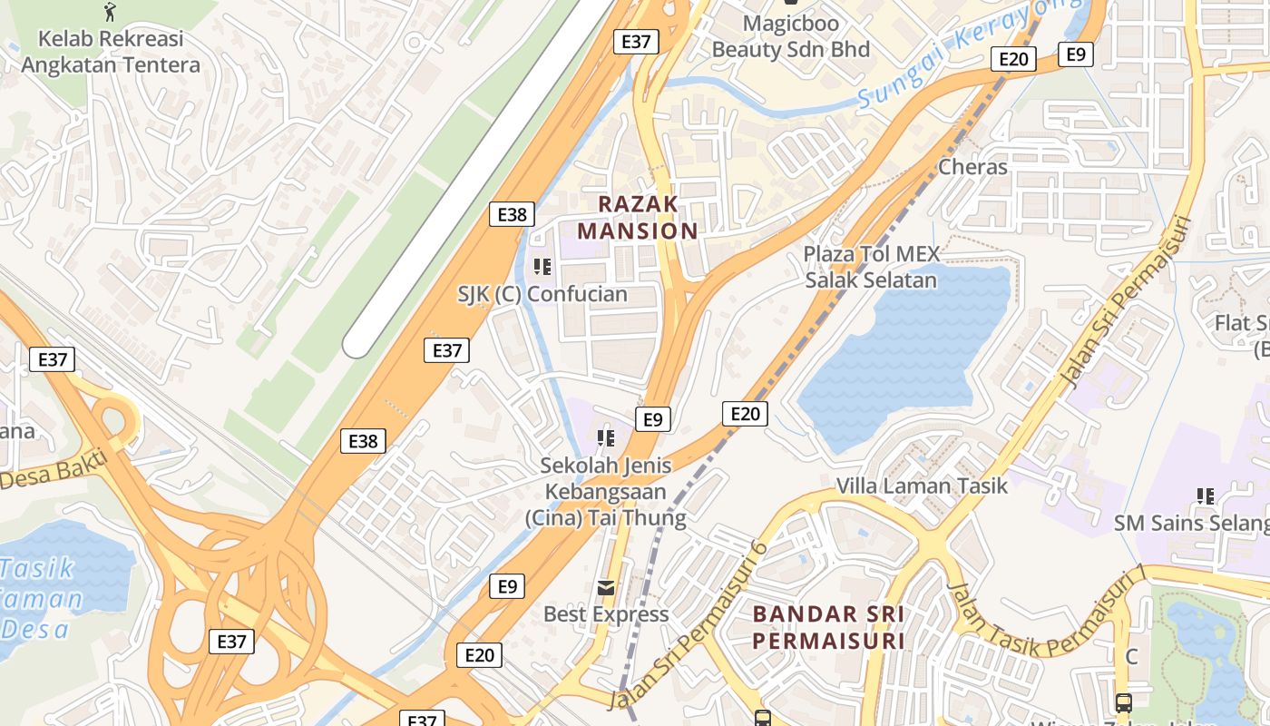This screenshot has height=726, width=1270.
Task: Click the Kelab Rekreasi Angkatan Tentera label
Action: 111,52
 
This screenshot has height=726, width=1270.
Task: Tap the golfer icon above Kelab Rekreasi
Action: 111,12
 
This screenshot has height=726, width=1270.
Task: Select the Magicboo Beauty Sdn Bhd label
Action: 790,35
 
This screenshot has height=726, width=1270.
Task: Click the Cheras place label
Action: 972,167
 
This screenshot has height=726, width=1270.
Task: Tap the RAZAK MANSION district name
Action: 638,217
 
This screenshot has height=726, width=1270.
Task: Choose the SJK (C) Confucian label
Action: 542,294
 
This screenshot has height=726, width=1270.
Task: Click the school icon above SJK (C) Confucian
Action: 542,267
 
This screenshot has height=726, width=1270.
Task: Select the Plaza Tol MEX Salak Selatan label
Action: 871,267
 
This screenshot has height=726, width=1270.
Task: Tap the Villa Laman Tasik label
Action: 922,486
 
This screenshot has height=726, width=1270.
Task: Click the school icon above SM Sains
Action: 1206,496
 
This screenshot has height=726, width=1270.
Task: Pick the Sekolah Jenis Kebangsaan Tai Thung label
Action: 606,492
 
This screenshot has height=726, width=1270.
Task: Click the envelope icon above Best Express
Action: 606,588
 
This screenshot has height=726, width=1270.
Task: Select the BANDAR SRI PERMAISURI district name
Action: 828,627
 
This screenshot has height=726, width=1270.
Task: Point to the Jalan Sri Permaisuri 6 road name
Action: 689,626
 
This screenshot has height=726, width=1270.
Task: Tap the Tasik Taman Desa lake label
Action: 41,599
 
